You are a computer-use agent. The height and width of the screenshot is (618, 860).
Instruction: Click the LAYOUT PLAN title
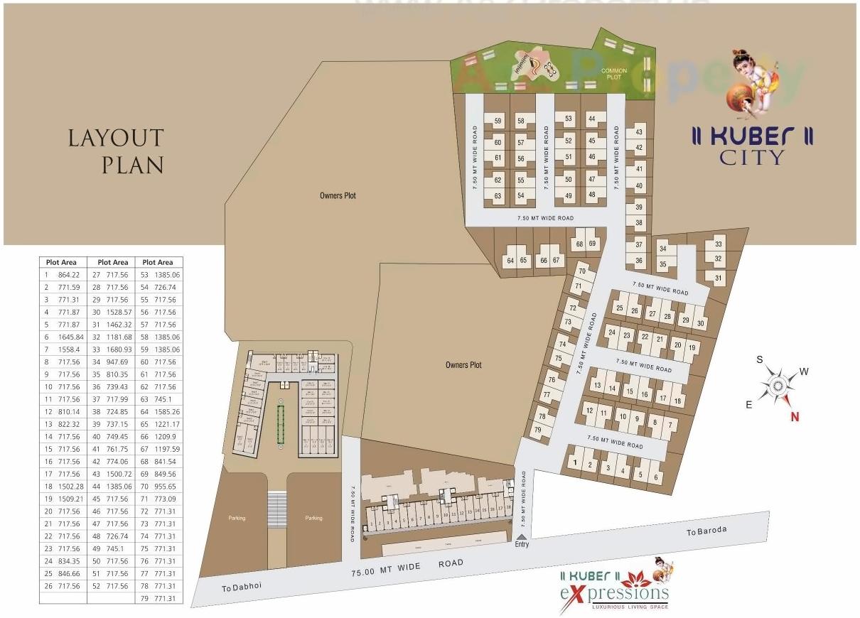pos(116,151)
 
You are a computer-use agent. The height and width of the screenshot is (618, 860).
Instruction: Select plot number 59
pos(498,121)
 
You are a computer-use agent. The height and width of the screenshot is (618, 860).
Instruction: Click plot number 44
pos(591,119)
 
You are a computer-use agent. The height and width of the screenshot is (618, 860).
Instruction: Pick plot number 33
pos(719,244)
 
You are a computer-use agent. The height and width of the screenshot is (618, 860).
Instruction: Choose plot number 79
pos(538,430)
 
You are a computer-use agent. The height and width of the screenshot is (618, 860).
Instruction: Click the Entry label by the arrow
pos(522,544)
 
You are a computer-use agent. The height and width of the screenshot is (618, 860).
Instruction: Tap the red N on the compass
pos(795,417)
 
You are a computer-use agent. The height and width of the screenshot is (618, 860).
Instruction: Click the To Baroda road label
pos(706,531)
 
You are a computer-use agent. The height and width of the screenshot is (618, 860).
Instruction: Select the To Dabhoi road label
pos(237,587)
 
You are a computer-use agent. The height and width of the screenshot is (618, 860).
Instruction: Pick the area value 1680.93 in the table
pos(119,349)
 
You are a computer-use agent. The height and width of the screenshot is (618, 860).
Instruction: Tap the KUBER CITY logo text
pos(752,146)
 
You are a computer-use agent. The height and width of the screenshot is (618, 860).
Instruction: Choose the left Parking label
pos(237,518)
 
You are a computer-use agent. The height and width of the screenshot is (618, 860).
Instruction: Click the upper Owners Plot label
pos(338,195)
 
